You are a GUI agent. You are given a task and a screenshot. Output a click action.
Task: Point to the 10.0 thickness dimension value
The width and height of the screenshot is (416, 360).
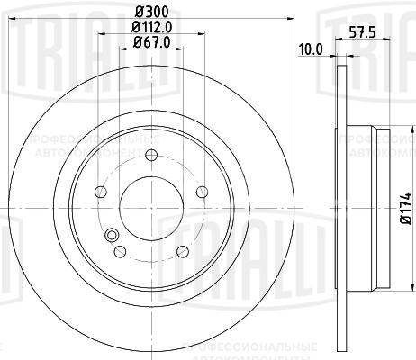click(x=310, y=49)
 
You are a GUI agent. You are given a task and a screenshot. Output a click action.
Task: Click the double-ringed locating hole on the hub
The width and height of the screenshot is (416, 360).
click(x=112, y=237)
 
